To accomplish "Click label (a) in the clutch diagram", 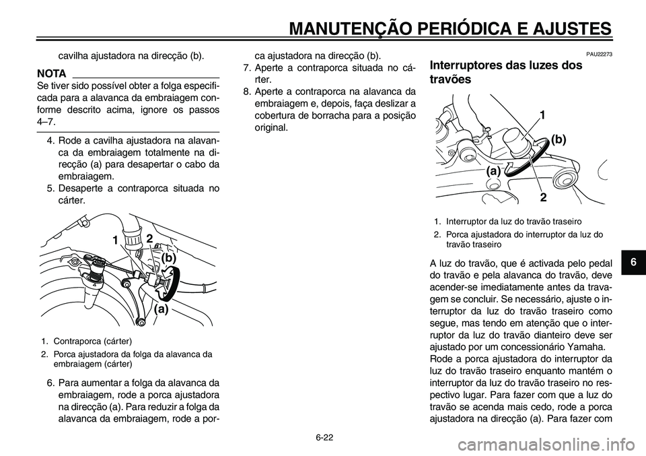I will [160, 309].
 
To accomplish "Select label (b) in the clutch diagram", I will [168, 257].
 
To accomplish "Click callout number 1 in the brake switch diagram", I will [542, 117].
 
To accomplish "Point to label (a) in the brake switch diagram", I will [495, 172].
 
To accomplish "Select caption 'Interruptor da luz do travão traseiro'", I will [511, 221].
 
